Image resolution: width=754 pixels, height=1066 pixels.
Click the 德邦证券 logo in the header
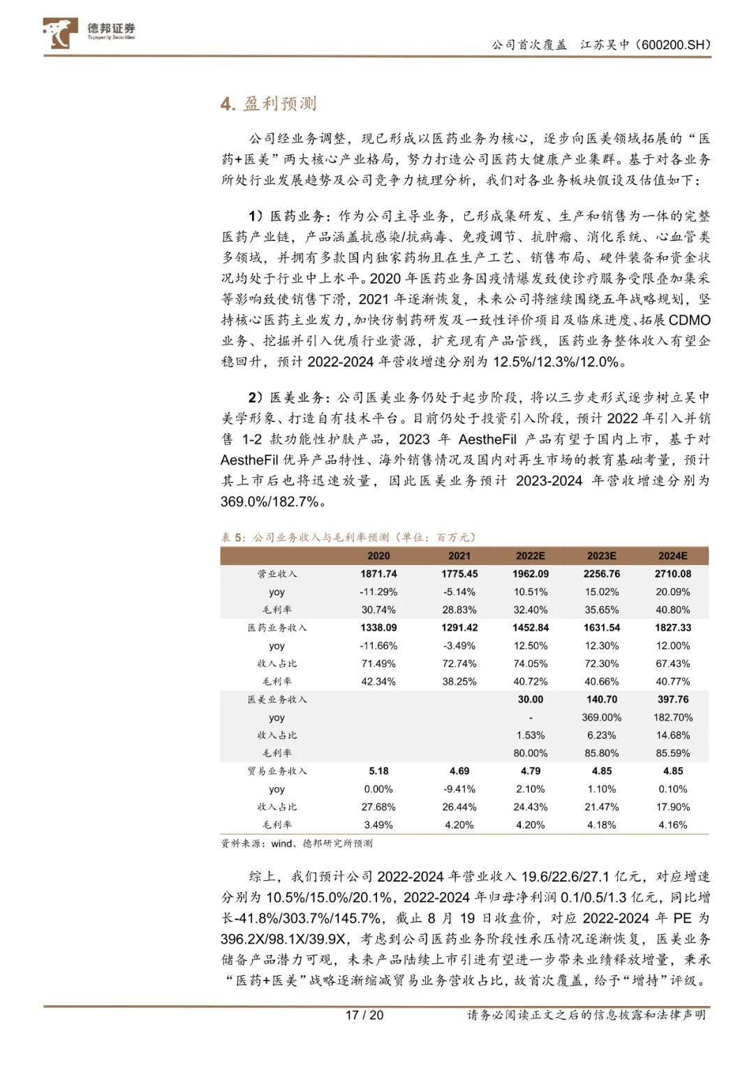coord(89,32)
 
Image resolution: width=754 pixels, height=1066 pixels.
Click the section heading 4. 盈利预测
coord(269,104)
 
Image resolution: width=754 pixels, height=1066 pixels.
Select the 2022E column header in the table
coord(531,556)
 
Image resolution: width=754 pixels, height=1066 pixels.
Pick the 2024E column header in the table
coord(673,556)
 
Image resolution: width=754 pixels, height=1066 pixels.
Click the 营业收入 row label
coord(276,574)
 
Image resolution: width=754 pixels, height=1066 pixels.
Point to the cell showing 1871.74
coord(378,574)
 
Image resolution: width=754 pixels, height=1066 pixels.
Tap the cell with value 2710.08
coord(673,574)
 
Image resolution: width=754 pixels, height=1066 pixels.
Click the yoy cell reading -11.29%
coord(378,592)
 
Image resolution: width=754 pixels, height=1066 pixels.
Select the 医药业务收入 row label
coord(276,628)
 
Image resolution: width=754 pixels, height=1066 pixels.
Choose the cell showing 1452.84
coord(531,628)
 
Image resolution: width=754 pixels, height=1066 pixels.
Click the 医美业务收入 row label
coord(276,699)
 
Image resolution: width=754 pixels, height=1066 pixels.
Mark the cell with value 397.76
coord(673,699)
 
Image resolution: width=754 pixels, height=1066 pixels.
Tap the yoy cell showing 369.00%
coord(602,717)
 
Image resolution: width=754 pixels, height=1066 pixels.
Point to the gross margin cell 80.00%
coord(531,753)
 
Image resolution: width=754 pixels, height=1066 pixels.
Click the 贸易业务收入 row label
coord(276,771)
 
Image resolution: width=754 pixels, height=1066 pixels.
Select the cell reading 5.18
coord(378,771)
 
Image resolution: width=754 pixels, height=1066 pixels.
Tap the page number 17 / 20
coord(364,1015)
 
